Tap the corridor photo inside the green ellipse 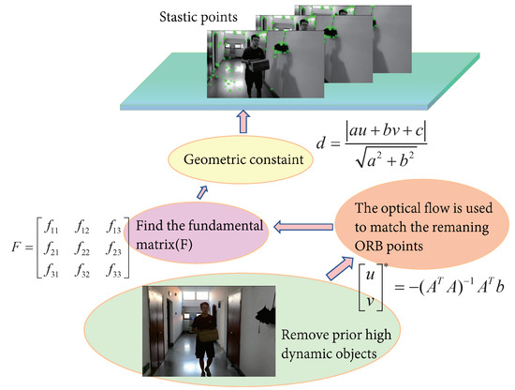tap(197, 329)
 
